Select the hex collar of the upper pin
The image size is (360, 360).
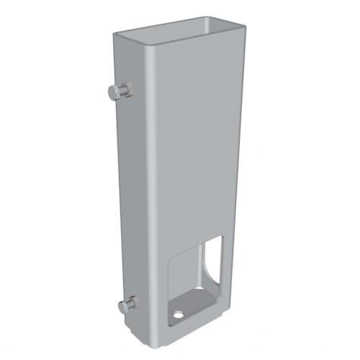tap(125, 89)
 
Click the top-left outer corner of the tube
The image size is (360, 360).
tap(114, 34)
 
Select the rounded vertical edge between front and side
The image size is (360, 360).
tap(150, 180)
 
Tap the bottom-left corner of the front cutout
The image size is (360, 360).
tap(169, 323)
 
